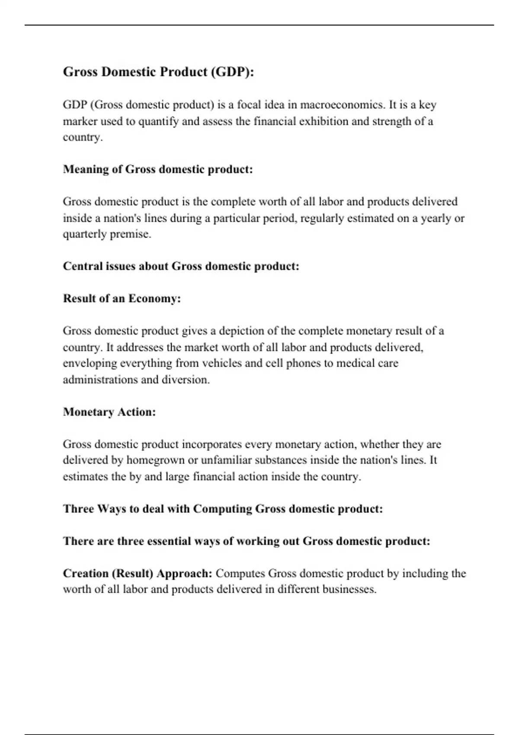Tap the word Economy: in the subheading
coord(154,299)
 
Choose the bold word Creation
coord(86,574)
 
